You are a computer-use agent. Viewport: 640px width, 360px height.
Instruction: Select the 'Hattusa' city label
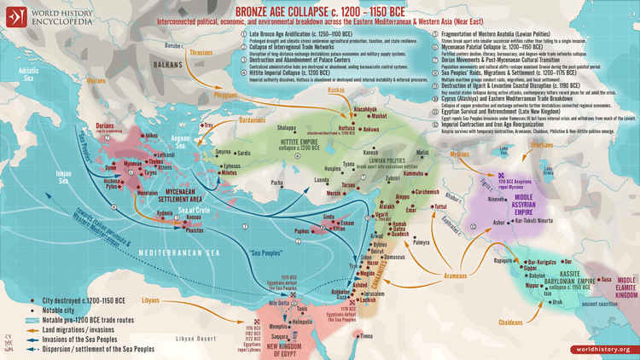346,127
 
